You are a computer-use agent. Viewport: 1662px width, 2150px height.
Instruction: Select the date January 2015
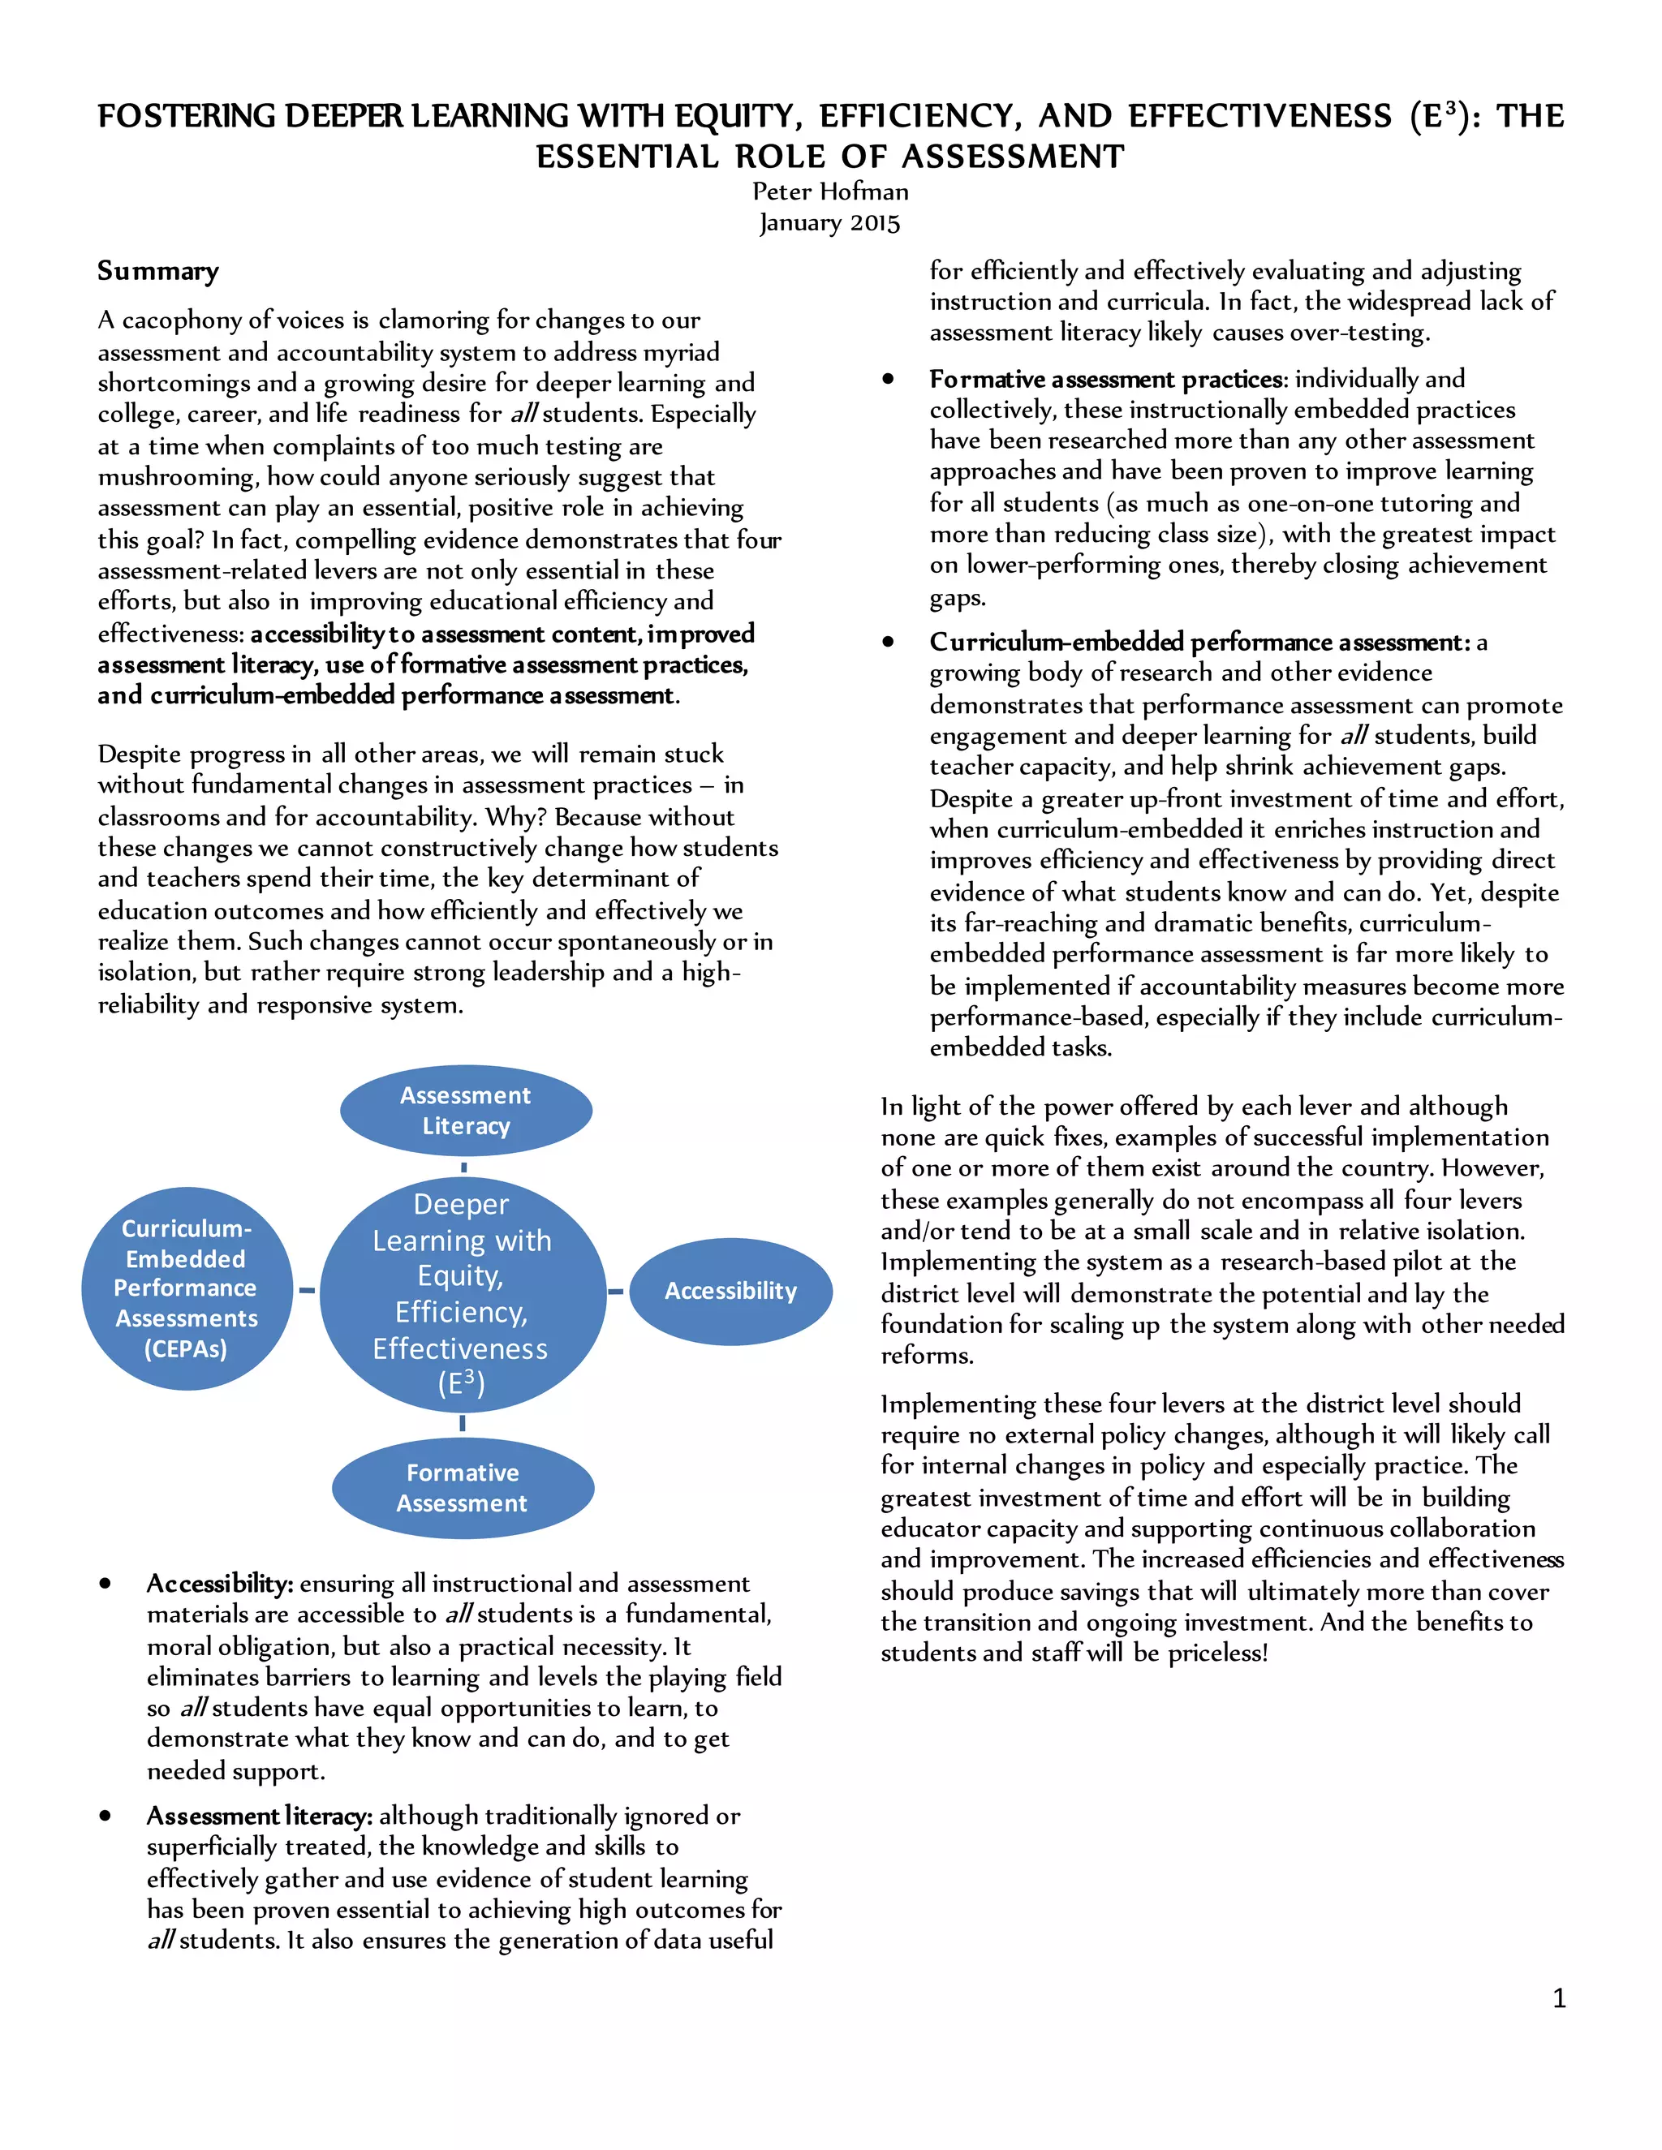pyautogui.click(x=830, y=222)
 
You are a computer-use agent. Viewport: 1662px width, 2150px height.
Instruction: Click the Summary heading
pyautogui.click(x=157, y=271)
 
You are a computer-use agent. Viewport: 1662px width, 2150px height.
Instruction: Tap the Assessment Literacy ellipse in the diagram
pyautogui.click(x=466, y=1111)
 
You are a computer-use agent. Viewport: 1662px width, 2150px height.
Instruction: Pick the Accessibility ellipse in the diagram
pyautogui.click(x=730, y=1291)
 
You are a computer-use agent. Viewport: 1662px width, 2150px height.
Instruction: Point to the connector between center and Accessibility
pyautogui.click(x=617, y=1292)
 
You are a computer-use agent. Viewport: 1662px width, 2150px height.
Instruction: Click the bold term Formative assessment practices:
pyautogui.click(x=1108, y=379)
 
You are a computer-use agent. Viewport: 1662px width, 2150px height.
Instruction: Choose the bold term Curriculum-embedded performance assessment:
pyautogui.click(x=1199, y=642)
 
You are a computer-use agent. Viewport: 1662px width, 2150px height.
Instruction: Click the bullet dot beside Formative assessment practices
pyautogui.click(x=888, y=379)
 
